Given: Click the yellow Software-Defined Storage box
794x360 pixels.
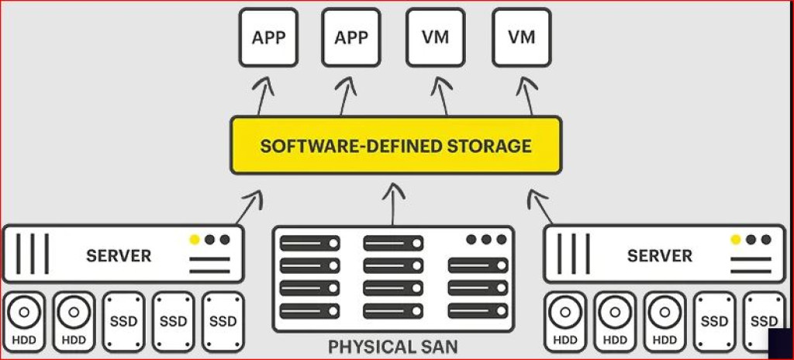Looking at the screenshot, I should point(395,145).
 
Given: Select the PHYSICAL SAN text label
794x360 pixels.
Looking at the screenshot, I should point(393,346).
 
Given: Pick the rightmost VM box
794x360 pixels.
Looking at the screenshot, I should point(523,37).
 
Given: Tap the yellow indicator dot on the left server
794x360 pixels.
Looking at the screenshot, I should point(195,240).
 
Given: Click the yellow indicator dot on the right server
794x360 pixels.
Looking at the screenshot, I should point(736,240).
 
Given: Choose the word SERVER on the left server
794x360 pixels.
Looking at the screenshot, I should point(119,255).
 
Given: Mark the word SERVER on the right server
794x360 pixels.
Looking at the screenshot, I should point(660,255).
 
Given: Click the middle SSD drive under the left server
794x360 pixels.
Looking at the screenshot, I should point(173,320).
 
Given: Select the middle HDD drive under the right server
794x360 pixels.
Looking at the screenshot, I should point(615,320).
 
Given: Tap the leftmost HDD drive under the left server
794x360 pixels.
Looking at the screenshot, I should point(24,320).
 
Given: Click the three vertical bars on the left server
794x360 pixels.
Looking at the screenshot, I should point(33,254).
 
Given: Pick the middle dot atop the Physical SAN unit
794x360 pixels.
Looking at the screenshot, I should point(486,240).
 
